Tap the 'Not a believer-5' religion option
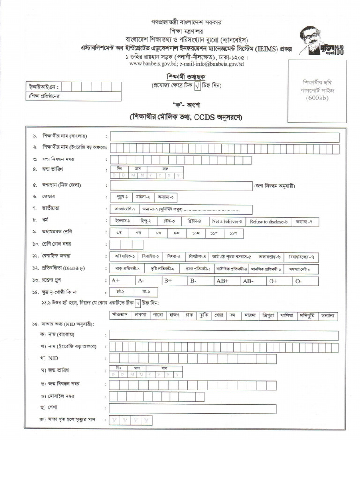(227, 221)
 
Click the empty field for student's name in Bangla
(224, 137)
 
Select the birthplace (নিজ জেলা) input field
(180, 186)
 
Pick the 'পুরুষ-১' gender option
(122, 197)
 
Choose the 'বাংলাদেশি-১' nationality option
(124, 209)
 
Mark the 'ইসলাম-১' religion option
(123, 221)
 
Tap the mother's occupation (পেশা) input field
(224, 408)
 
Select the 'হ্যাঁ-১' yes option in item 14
(123, 292)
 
